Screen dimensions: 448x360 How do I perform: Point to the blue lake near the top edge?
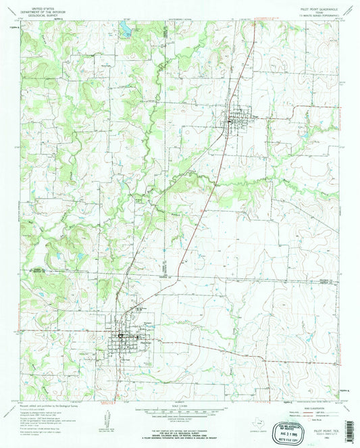pyautogui.click(x=124, y=28)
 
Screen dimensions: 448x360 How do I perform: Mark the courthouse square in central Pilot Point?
pyautogui.click(x=122, y=336)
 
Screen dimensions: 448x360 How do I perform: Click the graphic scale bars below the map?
pyautogui.click(x=179, y=414)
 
